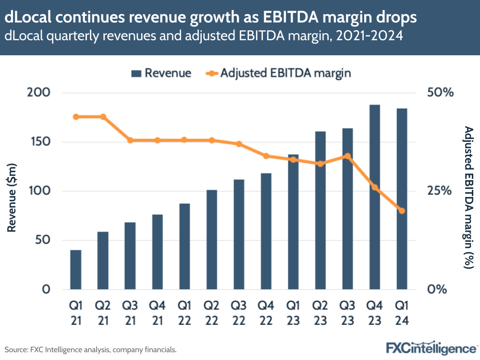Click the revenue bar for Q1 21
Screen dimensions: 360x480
pos(75,270)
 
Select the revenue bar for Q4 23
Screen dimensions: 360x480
pos(375,197)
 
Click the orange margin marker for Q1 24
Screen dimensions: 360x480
pos(402,211)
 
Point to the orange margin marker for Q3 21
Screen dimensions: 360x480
pos(130,140)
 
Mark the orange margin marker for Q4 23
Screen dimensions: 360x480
pos(375,187)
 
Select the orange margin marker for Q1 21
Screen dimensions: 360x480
pos(75,117)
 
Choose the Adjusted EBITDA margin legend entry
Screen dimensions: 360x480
pos(279,73)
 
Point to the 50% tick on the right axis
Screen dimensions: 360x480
pos(441,92)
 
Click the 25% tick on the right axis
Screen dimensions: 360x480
pos(441,191)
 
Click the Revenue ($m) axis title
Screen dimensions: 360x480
pos(13,198)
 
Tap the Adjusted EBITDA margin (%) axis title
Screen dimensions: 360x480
pos(468,197)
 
